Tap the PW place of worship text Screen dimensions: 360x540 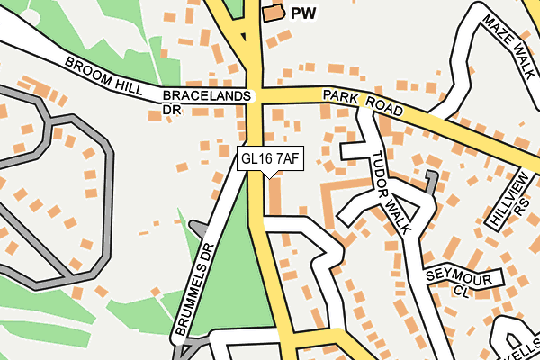(304, 13)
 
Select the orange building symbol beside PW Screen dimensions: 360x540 (272, 13)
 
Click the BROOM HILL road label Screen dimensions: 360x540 (103, 76)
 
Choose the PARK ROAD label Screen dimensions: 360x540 (363, 101)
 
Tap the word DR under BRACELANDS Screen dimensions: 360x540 (171, 110)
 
